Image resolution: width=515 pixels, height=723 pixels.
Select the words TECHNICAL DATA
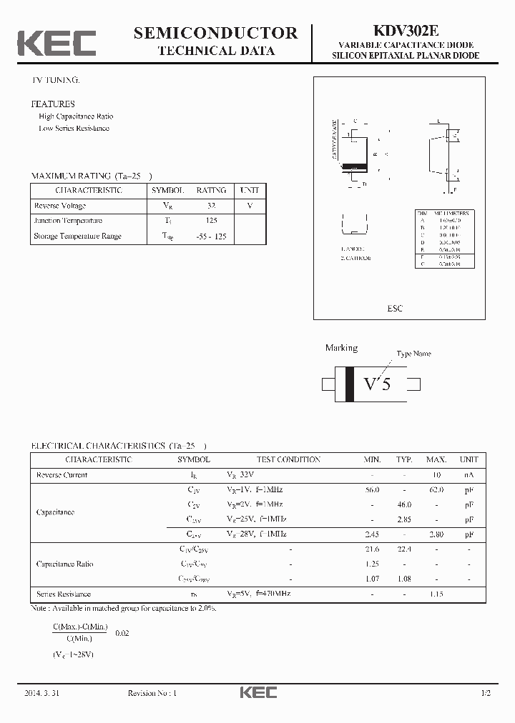pyautogui.click(x=215, y=51)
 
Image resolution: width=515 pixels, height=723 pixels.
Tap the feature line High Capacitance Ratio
pyautogui.click(x=76, y=116)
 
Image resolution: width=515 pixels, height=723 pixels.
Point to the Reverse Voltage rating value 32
pyautogui.click(x=211, y=206)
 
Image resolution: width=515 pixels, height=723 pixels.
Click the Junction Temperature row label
pyautogui.click(x=68, y=221)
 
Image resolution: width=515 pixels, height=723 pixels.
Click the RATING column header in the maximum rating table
pyautogui.click(x=211, y=191)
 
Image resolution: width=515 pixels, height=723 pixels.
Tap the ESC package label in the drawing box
pyautogui.click(x=395, y=309)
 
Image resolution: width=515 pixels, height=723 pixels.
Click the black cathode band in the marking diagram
pyautogui.click(x=350, y=384)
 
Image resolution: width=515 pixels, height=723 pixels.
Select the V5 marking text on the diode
pyautogui.click(x=377, y=384)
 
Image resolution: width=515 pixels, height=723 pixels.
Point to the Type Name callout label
pyautogui.click(x=414, y=354)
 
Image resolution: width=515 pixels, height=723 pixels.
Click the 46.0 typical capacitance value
pyautogui.click(x=404, y=504)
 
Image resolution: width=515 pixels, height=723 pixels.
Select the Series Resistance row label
pyautogui.click(x=64, y=594)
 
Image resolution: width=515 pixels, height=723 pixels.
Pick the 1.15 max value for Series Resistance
pyautogui.click(x=436, y=594)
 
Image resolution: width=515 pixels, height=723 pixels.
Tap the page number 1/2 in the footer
pyautogui.click(x=486, y=694)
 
